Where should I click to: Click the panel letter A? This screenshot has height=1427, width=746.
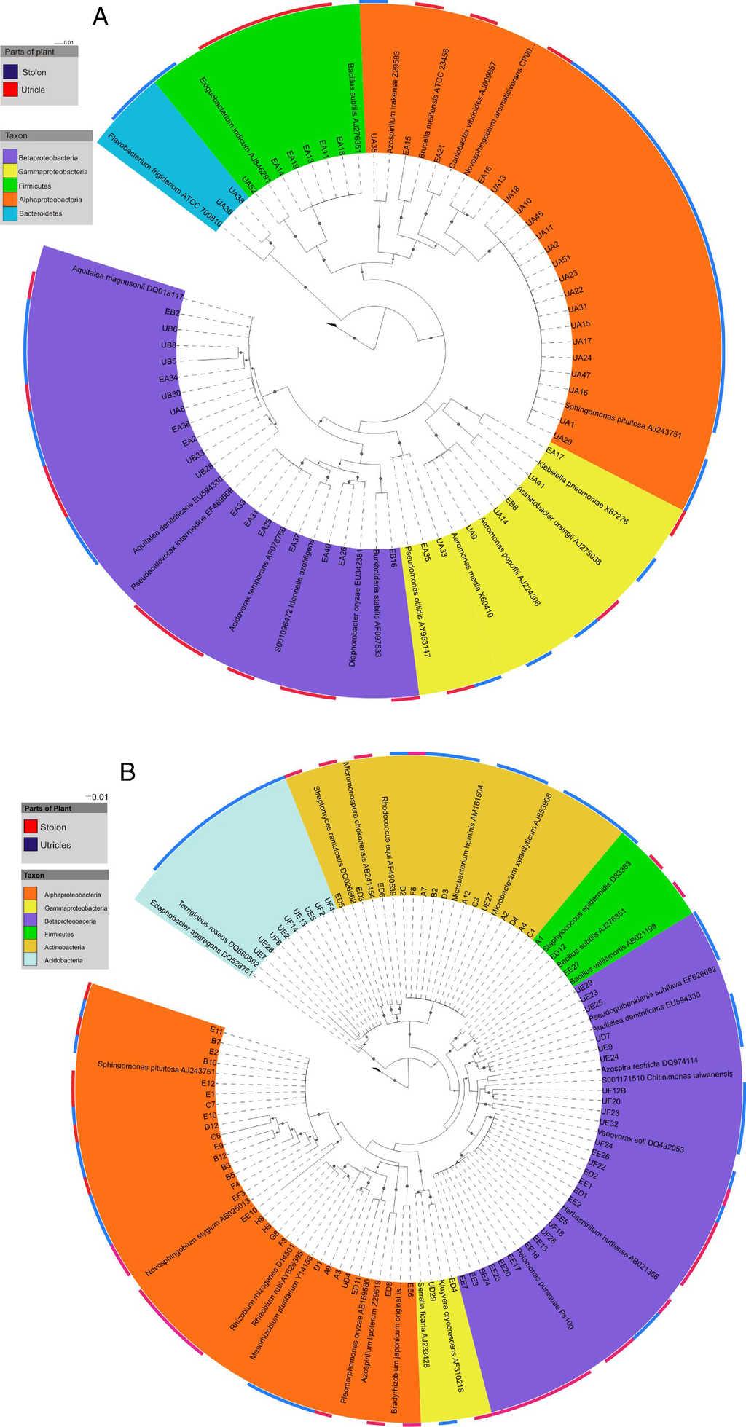101,16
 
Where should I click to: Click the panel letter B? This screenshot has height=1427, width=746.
127,772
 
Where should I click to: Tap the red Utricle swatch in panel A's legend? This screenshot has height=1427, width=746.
11,90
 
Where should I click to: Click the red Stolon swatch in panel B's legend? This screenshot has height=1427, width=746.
31,827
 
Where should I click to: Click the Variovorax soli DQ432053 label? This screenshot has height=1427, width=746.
640,1143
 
